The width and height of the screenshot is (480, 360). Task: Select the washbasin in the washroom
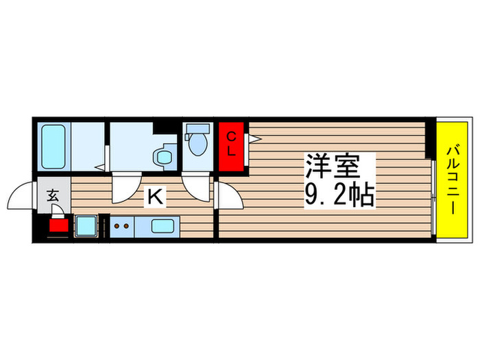coord(165,156)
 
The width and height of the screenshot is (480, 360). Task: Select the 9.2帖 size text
coord(339,197)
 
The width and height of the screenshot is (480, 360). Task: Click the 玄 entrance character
coord(53,195)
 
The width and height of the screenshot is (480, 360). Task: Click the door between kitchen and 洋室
coord(229,198)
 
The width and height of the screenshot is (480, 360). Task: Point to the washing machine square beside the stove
coord(86,226)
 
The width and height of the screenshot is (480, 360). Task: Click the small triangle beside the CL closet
coord(254,139)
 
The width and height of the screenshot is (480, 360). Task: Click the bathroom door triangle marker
coord(100,166)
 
